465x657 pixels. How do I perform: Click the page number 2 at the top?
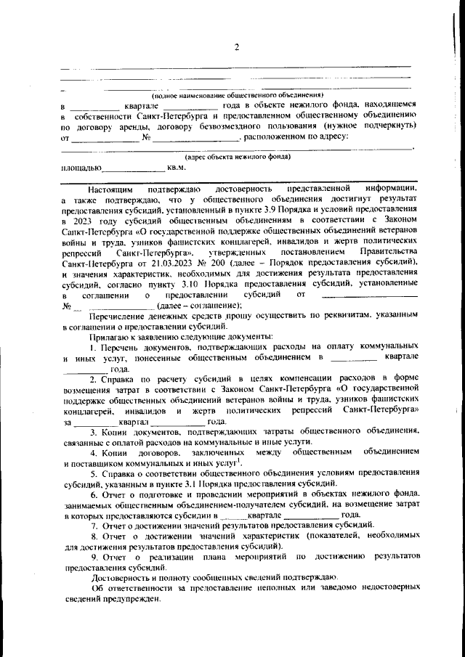tap(236, 48)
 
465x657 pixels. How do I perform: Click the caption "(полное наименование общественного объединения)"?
tap(237, 96)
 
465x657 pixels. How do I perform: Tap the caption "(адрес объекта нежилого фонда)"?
tap(238, 156)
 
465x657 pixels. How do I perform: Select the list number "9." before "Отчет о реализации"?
tap(93, 557)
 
